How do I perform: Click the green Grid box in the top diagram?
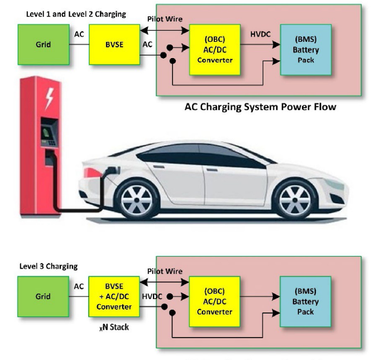44,45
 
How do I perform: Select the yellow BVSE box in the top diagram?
114,45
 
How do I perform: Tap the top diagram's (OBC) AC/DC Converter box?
215,49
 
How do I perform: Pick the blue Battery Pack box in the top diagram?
305,49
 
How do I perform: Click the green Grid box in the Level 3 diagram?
44,296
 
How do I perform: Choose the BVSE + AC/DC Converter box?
114,297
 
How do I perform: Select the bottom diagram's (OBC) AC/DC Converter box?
215,301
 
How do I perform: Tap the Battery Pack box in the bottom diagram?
305,301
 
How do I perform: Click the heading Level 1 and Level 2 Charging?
76,13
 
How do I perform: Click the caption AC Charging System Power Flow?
260,107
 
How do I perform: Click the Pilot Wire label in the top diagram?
165,19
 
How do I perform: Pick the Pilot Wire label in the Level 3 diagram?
165,271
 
